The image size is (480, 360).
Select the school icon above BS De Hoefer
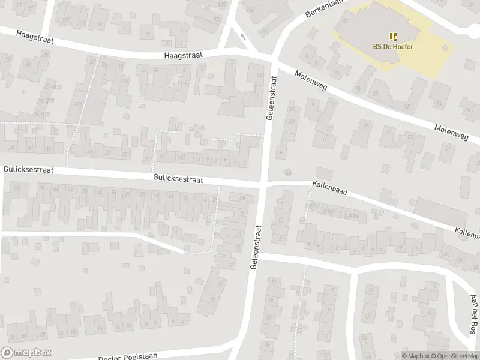[393, 36]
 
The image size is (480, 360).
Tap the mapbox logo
[26, 353]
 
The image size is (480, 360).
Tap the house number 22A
[78, 104]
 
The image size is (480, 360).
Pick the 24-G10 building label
[41, 113]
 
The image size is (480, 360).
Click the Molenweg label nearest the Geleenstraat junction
[309, 82]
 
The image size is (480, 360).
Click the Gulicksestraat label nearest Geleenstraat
[178, 179]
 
